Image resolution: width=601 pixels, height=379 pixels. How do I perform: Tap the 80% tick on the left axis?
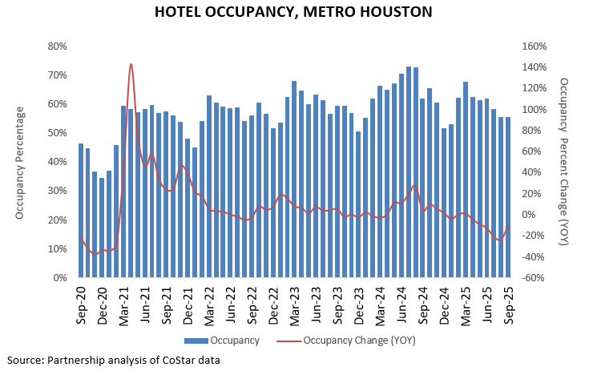click(56, 46)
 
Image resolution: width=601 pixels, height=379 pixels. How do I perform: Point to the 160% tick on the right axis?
click(534, 46)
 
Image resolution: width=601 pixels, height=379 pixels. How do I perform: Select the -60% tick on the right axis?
click(534, 278)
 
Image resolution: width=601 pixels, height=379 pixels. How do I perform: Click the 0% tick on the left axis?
click(59, 278)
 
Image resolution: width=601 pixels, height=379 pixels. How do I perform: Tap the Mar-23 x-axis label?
click(294, 304)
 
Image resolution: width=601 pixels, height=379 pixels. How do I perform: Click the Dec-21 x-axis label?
click(188, 304)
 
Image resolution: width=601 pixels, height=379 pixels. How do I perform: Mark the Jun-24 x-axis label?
click(401, 304)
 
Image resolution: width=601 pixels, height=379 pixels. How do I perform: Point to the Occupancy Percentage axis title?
click(19, 162)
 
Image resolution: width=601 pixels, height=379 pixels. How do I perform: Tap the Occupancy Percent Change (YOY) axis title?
click(564, 162)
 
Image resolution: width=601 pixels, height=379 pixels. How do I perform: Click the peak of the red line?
click(131, 64)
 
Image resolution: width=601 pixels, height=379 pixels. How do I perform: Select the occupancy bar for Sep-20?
click(81, 211)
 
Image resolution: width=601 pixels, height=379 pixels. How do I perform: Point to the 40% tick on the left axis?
click(56, 162)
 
